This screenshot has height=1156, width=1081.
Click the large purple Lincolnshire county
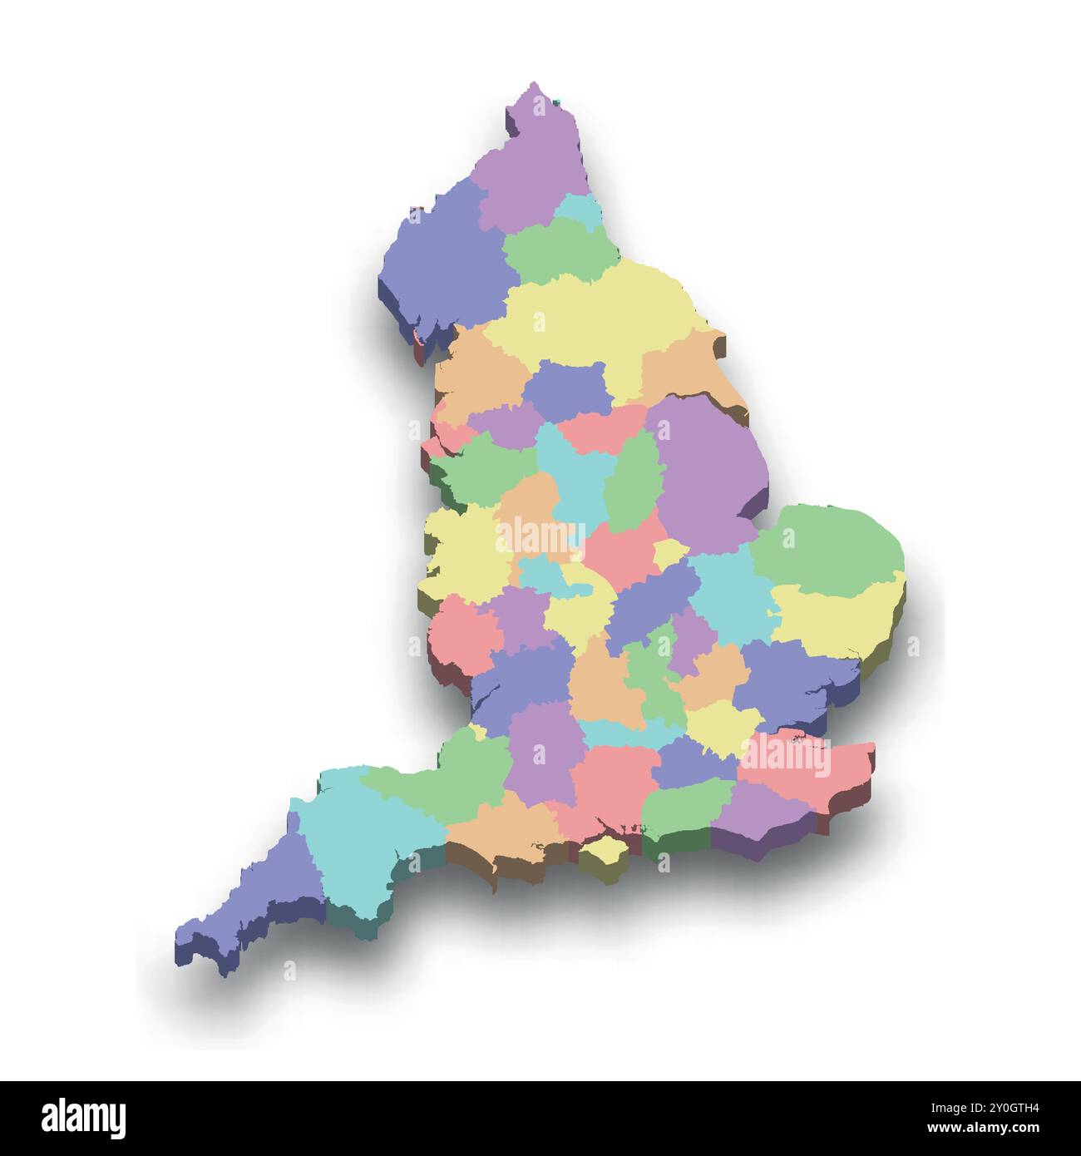[707, 474]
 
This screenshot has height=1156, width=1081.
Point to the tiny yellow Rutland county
[669, 552]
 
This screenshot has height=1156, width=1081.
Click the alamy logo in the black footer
[84, 1114]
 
